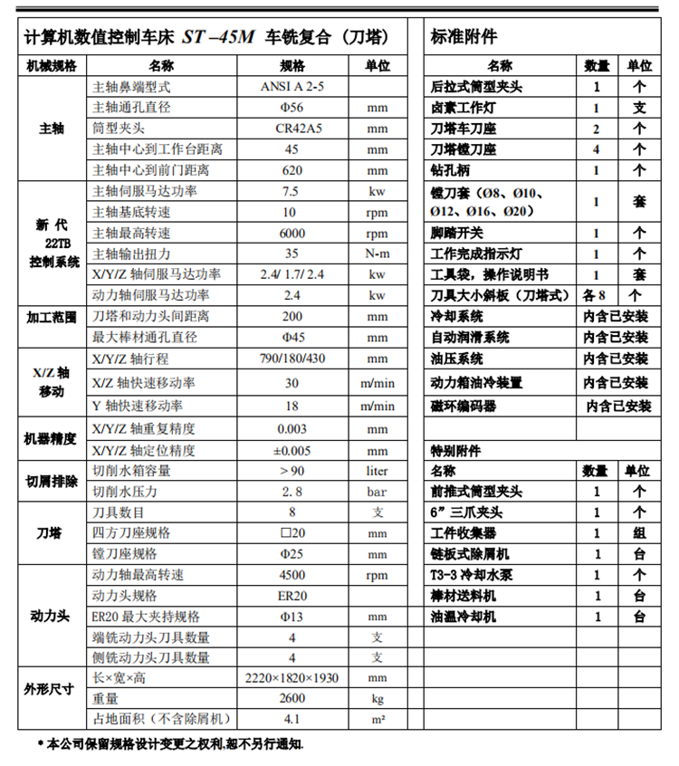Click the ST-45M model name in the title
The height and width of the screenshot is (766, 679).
[x=219, y=37]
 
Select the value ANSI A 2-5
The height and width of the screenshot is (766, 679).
[x=292, y=86]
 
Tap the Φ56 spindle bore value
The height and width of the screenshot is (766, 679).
[x=292, y=107]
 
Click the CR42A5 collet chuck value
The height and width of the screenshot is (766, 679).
[x=292, y=128]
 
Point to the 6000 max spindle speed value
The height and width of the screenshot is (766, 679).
[x=292, y=233]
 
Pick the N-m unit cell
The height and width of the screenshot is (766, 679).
[x=378, y=254]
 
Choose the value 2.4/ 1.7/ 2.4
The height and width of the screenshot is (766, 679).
[x=292, y=274]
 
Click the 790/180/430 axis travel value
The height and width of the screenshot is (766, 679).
[x=292, y=359]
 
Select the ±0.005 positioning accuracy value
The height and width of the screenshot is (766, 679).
[x=292, y=450]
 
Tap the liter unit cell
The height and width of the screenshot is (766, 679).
[x=378, y=471]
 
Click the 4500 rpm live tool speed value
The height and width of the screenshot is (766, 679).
[x=292, y=575]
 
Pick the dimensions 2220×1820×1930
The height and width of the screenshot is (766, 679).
[x=292, y=678]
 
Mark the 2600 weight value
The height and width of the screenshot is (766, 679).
[x=292, y=699]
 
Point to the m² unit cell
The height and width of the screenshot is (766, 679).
[x=378, y=720]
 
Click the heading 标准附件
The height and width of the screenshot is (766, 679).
[x=464, y=37]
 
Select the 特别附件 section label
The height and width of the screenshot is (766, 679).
[x=455, y=450]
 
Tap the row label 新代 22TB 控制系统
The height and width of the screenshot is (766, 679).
[x=52, y=243]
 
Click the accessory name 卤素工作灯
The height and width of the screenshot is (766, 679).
[x=463, y=107]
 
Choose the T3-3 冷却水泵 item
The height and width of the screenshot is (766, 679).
[x=472, y=575]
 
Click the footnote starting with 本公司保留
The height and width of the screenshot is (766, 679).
[x=172, y=744]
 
